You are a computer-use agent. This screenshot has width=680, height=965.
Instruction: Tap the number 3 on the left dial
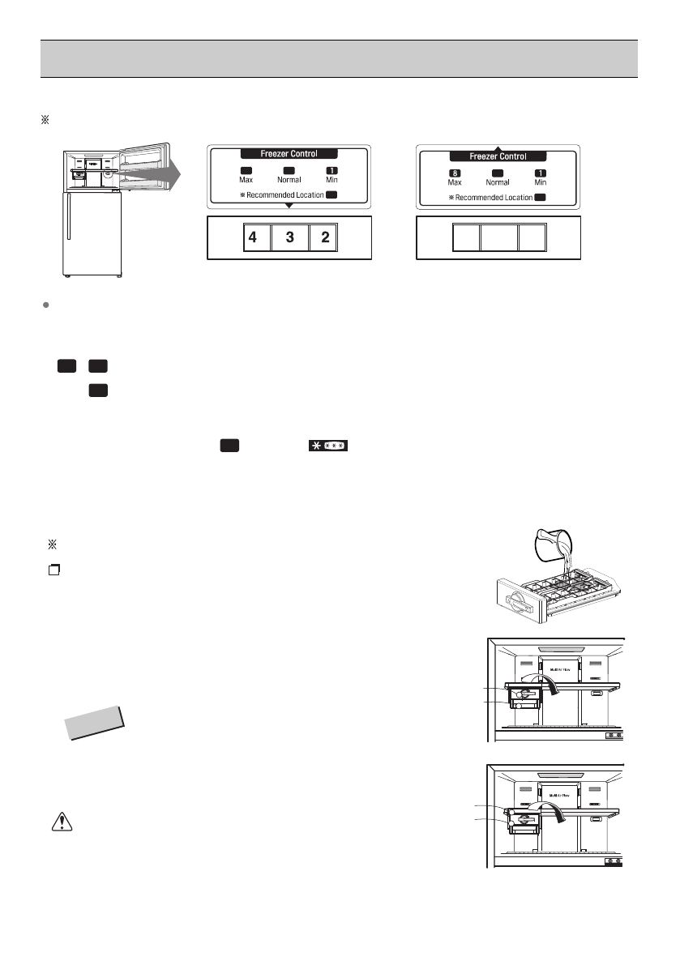(x=290, y=238)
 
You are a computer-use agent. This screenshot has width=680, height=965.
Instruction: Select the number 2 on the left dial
(x=324, y=238)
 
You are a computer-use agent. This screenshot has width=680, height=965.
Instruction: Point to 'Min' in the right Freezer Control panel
(x=541, y=182)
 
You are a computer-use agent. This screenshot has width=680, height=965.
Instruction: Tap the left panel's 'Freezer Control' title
(x=289, y=153)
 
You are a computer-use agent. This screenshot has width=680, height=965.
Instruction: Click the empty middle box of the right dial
(x=498, y=238)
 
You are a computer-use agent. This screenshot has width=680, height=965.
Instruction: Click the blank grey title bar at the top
(x=340, y=58)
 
